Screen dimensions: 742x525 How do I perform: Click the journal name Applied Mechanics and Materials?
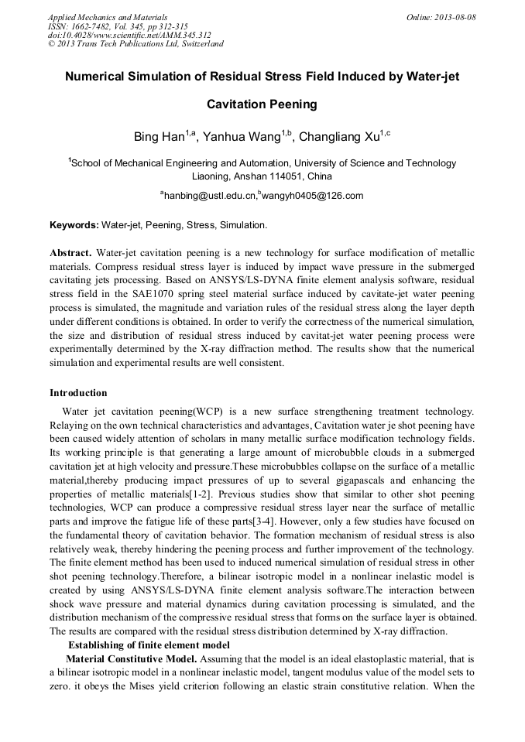[x=107, y=16]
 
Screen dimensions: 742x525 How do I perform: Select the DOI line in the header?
[x=129, y=35]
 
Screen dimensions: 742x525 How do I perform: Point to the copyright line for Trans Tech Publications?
[x=136, y=44]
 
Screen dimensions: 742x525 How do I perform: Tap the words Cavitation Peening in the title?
[x=262, y=104]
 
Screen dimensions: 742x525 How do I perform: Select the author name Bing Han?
[x=159, y=138]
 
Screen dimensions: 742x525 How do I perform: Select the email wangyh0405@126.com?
[x=313, y=197]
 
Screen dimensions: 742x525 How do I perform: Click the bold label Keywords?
[x=74, y=226]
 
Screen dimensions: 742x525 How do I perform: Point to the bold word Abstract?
[x=70, y=254]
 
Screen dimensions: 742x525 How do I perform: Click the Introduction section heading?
[x=78, y=394]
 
